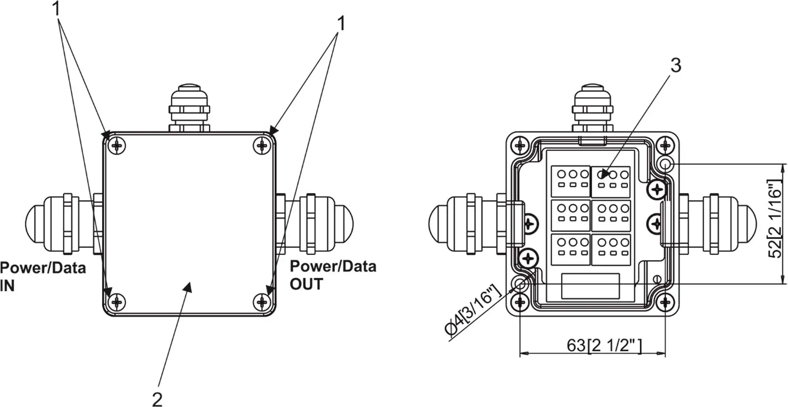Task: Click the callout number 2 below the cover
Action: (x=157, y=398)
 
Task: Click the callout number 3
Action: (x=676, y=65)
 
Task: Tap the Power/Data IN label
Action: (x=42, y=277)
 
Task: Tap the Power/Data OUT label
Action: (x=333, y=275)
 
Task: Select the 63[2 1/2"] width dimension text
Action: (x=604, y=346)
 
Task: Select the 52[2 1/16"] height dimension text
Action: (x=774, y=218)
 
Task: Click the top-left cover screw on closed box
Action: (x=117, y=145)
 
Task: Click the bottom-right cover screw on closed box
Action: (x=262, y=302)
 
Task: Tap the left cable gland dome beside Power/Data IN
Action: (x=34, y=223)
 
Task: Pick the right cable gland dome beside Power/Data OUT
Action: (x=345, y=223)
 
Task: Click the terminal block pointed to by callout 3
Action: (x=611, y=181)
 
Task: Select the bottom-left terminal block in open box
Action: (x=571, y=249)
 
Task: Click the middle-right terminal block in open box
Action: (x=611, y=215)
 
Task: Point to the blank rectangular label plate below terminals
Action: (x=590, y=286)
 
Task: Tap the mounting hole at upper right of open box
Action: (x=665, y=164)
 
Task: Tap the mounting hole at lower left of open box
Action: (x=520, y=284)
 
